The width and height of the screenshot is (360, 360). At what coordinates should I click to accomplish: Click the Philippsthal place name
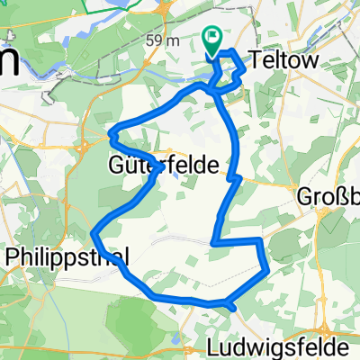pos(67,256)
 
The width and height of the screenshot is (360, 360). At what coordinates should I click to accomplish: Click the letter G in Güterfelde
pos(117,166)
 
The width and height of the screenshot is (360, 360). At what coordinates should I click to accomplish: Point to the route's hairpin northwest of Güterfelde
pos(112,136)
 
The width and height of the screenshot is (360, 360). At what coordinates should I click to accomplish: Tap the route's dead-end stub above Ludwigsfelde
pos(233,307)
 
